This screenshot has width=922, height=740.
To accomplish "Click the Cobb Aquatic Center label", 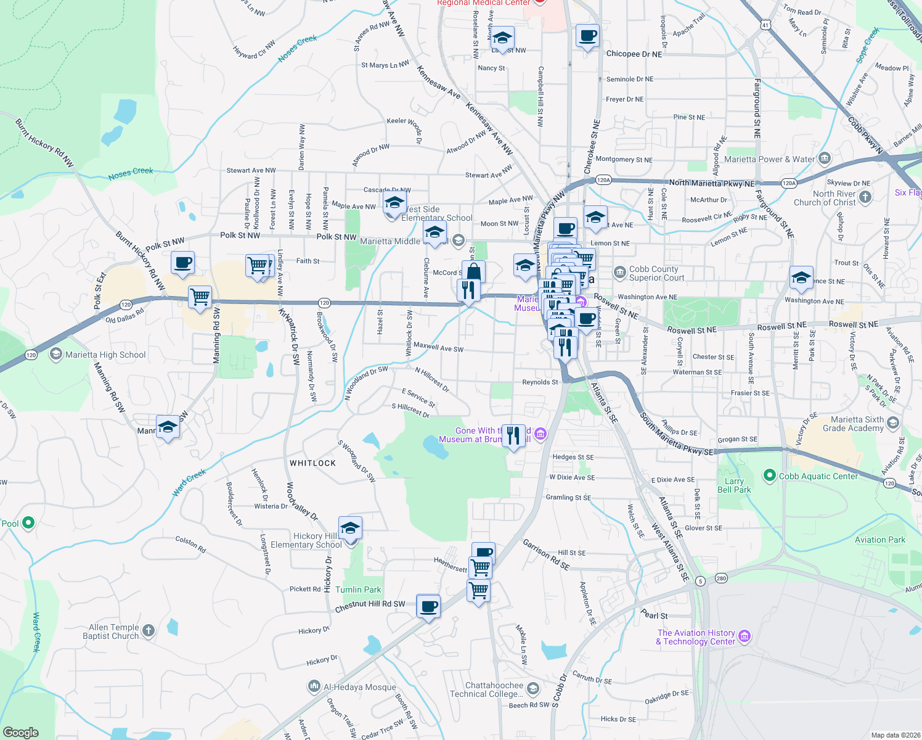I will pos(818,476).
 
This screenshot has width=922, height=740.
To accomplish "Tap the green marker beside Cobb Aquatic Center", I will pos(769,475).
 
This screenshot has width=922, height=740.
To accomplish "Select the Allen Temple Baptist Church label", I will pos(111,631).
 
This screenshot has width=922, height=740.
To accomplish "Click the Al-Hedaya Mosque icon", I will pos(314,686).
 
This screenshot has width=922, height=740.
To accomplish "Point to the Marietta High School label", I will pos(105,355).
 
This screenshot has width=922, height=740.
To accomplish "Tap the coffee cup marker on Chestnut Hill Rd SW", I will pos(428,606).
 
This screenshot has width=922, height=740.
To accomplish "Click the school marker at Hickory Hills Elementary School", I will pos(350,528).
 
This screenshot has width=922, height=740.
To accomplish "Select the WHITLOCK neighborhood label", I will pos(313,463).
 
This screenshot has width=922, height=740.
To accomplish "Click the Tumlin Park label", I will pos(358,590).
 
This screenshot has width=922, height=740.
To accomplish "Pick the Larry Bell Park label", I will pos(734,485).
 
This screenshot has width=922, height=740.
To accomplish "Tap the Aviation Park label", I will pos(880,540).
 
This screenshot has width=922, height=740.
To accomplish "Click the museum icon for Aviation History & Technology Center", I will pos(745,636).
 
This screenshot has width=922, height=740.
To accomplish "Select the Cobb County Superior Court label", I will pos(656,273).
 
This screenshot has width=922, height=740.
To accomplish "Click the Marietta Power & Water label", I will pos(770,159).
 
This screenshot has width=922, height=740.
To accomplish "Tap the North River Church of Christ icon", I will pos(865,197).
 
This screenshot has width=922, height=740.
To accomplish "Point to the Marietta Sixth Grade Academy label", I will pos(853,424).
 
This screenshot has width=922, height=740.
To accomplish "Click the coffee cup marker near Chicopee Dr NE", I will pos(587,36).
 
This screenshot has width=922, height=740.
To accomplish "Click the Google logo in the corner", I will pos(21,732).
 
